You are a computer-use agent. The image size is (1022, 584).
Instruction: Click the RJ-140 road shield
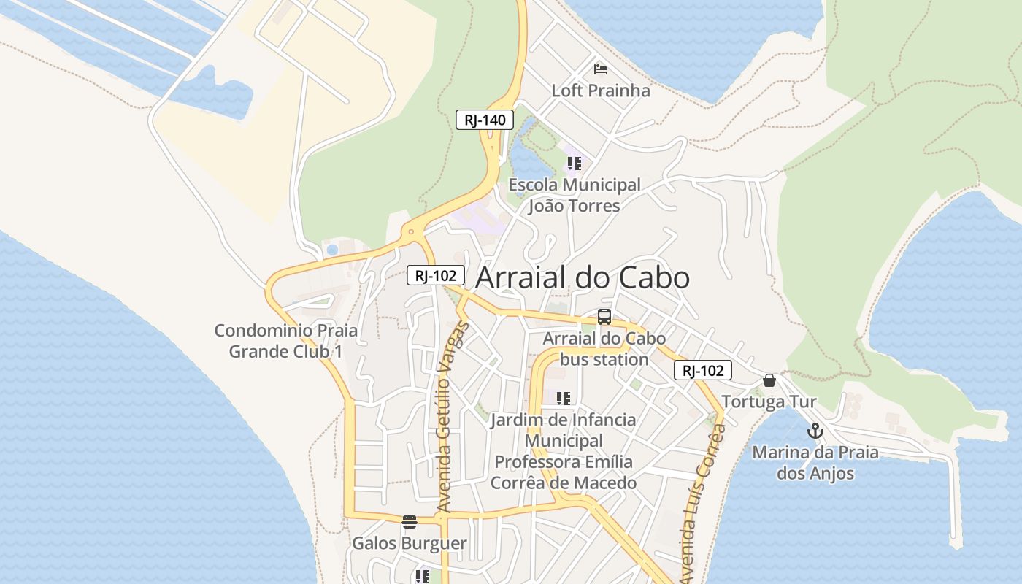click(x=485, y=120)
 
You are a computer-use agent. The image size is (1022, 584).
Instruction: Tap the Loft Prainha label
click(x=601, y=91)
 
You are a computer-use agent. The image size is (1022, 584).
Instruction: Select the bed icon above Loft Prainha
click(x=601, y=69)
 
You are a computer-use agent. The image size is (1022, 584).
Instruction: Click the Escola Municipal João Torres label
click(x=575, y=196)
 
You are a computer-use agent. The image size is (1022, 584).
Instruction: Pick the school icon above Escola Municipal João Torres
click(x=575, y=164)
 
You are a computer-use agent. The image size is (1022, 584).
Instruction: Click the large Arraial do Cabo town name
click(x=583, y=278)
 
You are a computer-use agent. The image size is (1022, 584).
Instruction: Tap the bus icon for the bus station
click(x=604, y=317)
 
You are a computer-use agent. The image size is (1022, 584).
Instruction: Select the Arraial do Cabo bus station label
click(x=604, y=349)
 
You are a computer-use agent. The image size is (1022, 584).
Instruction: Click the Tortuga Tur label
click(x=769, y=401)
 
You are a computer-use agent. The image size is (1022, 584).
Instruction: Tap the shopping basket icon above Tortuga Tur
click(x=769, y=380)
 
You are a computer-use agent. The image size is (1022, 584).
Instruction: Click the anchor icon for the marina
click(x=815, y=431)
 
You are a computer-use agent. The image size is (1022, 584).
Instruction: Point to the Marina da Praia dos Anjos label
click(x=815, y=463)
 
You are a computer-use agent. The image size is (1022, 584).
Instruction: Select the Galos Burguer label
click(x=410, y=543)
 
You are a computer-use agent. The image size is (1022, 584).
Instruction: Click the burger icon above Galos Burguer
click(x=410, y=522)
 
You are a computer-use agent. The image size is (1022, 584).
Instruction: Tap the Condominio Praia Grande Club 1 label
click(x=286, y=341)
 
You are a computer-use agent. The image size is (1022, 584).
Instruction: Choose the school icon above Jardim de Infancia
click(x=563, y=399)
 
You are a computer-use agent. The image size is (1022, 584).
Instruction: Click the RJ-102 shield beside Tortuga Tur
click(x=702, y=371)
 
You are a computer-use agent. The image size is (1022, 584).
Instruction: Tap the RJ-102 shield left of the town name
click(x=436, y=275)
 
